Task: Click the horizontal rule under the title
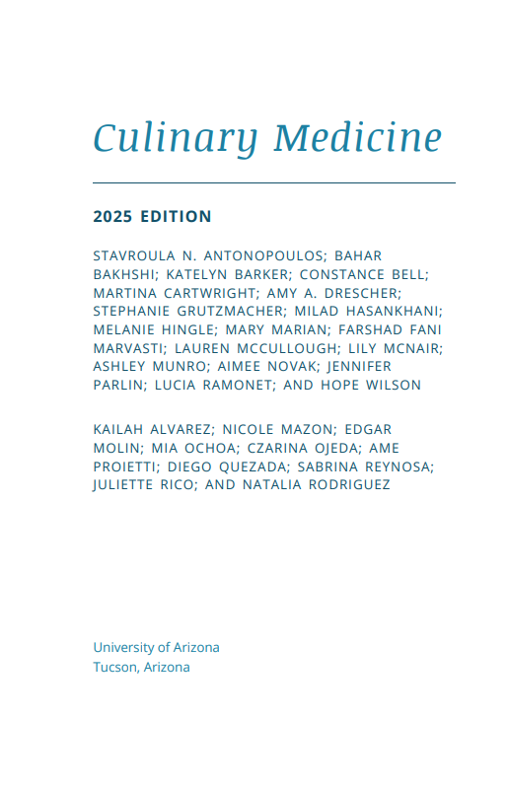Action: [x=274, y=183]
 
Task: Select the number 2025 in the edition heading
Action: [x=112, y=216]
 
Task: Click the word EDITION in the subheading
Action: [x=176, y=216]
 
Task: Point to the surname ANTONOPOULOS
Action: [x=256, y=255]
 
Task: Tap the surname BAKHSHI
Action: [x=125, y=274]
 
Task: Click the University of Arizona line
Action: [x=156, y=647]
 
